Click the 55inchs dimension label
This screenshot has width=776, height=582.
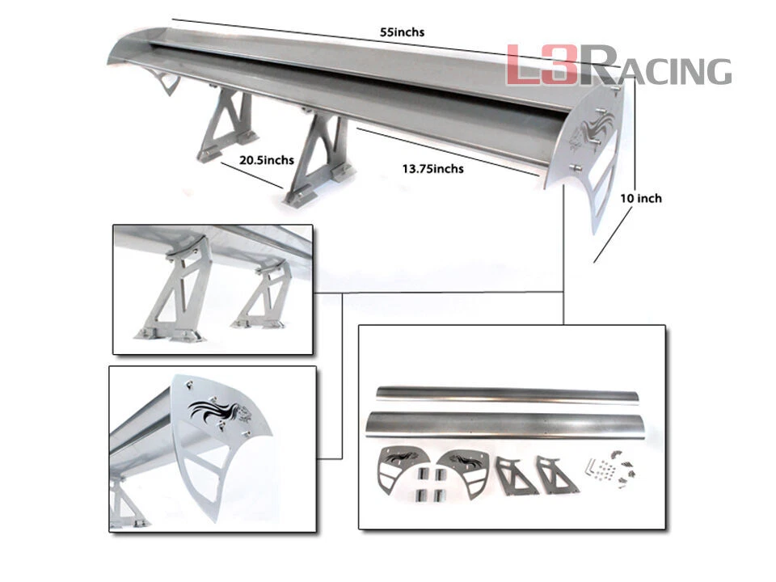(402, 32)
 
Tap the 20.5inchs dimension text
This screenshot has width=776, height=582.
(266, 160)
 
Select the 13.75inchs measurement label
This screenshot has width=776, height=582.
(432, 168)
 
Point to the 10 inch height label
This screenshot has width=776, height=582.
(641, 198)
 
